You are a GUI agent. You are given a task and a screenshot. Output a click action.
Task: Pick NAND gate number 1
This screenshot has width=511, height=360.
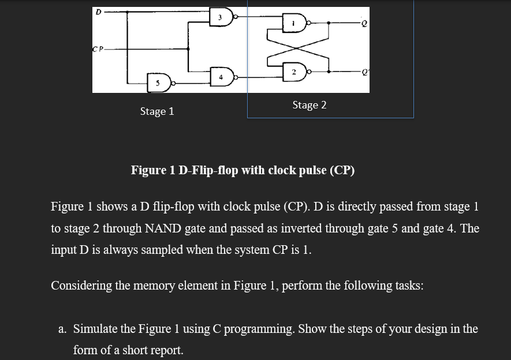point(295,24)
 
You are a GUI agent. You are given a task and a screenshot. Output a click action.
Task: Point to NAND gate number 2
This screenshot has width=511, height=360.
point(295,72)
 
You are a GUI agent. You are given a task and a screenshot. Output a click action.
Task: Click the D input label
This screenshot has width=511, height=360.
point(98,10)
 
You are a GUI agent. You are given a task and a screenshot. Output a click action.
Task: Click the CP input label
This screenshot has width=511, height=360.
point(99,48)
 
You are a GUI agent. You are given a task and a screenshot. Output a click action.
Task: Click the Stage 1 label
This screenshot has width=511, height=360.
point(156,111)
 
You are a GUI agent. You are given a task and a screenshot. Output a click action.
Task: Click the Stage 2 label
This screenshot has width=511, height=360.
point(309,105)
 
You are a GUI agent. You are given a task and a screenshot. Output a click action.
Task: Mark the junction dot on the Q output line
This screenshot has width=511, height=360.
point(329,24)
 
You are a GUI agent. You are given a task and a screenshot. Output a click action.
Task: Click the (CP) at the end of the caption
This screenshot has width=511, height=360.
point(342,170)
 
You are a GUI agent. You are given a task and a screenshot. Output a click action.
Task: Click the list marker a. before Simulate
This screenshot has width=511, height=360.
point(63,329)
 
